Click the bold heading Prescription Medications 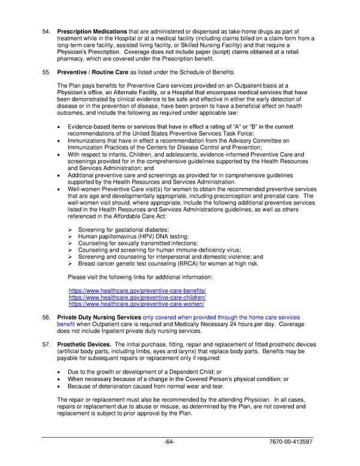click(92, 31)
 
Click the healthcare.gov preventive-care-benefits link click(137, 291)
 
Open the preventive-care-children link click(137, 297)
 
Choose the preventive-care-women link click(136, 304)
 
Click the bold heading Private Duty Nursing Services click(99, 317)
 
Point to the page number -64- click(169, 443)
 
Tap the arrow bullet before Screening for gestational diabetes click(71, 229)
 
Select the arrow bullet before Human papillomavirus click(71, 237)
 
